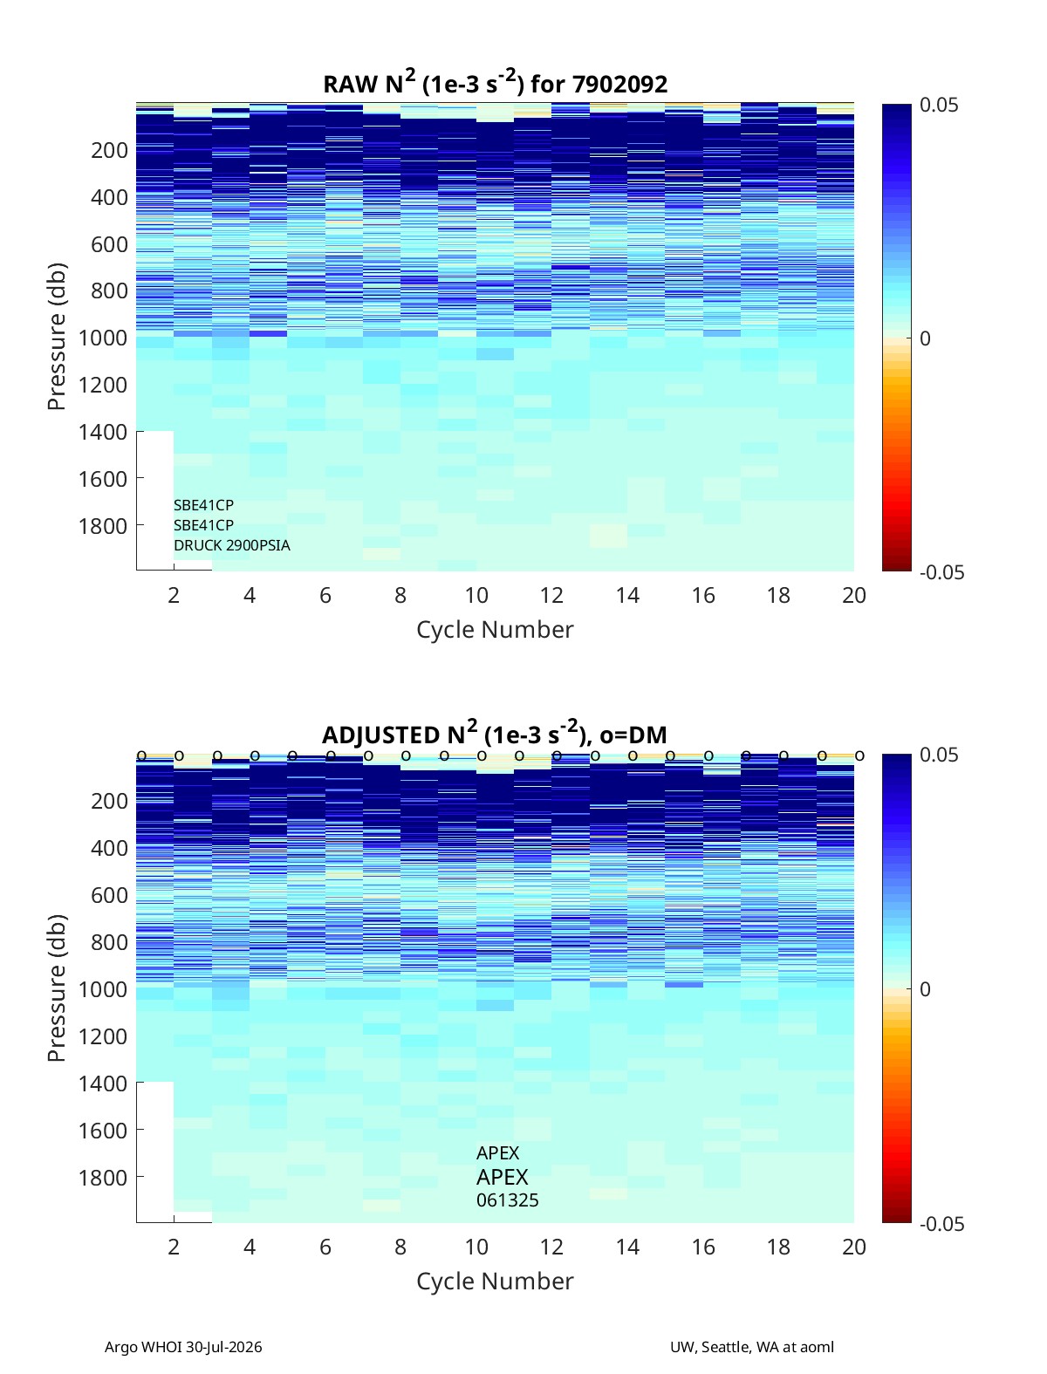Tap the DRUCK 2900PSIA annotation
point(231,545)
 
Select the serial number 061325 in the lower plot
point(507,1200)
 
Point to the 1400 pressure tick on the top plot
point(103,432)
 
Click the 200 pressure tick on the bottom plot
point(110,801)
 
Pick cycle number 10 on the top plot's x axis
point(476,595)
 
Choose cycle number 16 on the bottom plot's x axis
point(702,1247)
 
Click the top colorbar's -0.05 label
point(941,572)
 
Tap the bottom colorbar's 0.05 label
point(939,755)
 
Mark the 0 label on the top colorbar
point(925,338)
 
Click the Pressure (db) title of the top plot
point(57,337)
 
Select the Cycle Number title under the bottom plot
point(495,1281)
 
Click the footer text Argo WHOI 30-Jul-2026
point(183,1347)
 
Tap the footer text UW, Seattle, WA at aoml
point(751,1347)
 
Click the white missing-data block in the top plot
point(155,500)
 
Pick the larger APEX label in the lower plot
point(502,1177)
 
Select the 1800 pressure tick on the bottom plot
point(103,1178)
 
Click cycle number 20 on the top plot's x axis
point(853,595)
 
